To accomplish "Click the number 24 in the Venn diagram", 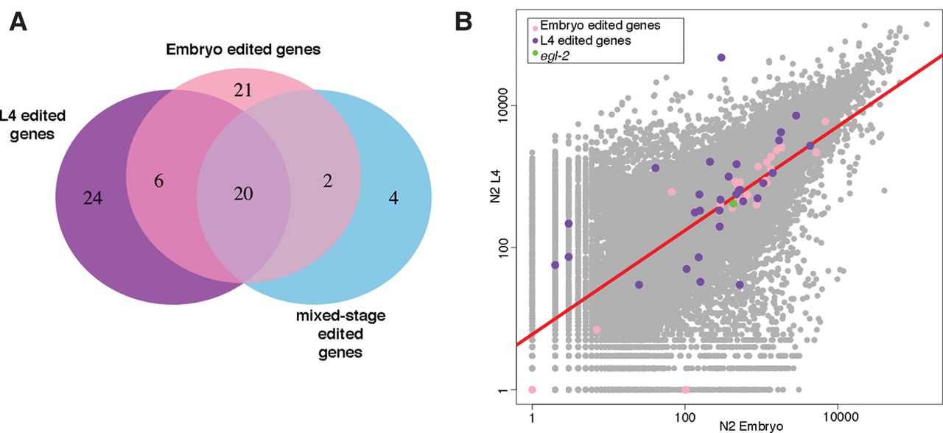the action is (x=93, y=198).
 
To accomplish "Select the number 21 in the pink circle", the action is (x=243, y=91).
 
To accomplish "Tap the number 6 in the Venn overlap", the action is (x=158, y=181).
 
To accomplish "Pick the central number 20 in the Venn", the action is (x=243, y=194).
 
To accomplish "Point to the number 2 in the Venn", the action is (x=328, y=181).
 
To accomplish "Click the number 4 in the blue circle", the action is (x=393, y=198).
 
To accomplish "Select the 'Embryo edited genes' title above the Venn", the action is (x=243, y=49).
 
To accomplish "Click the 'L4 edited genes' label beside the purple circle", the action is (x=32, y=125).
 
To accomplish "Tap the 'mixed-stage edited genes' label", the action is (x=340, y=334).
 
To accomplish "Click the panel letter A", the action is (x=18, y=22).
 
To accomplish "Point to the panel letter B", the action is (x=463, y=21).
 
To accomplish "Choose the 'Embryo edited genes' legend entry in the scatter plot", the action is (x=596, y=26).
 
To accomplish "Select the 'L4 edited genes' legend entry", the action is (x=581, y=41).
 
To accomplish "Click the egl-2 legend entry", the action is (x=551, y=55).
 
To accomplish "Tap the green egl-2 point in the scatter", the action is (x=733, y=204).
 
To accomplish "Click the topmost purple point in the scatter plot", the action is (x=721, y=57).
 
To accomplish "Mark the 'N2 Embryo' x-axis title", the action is (x=751, y=426).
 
